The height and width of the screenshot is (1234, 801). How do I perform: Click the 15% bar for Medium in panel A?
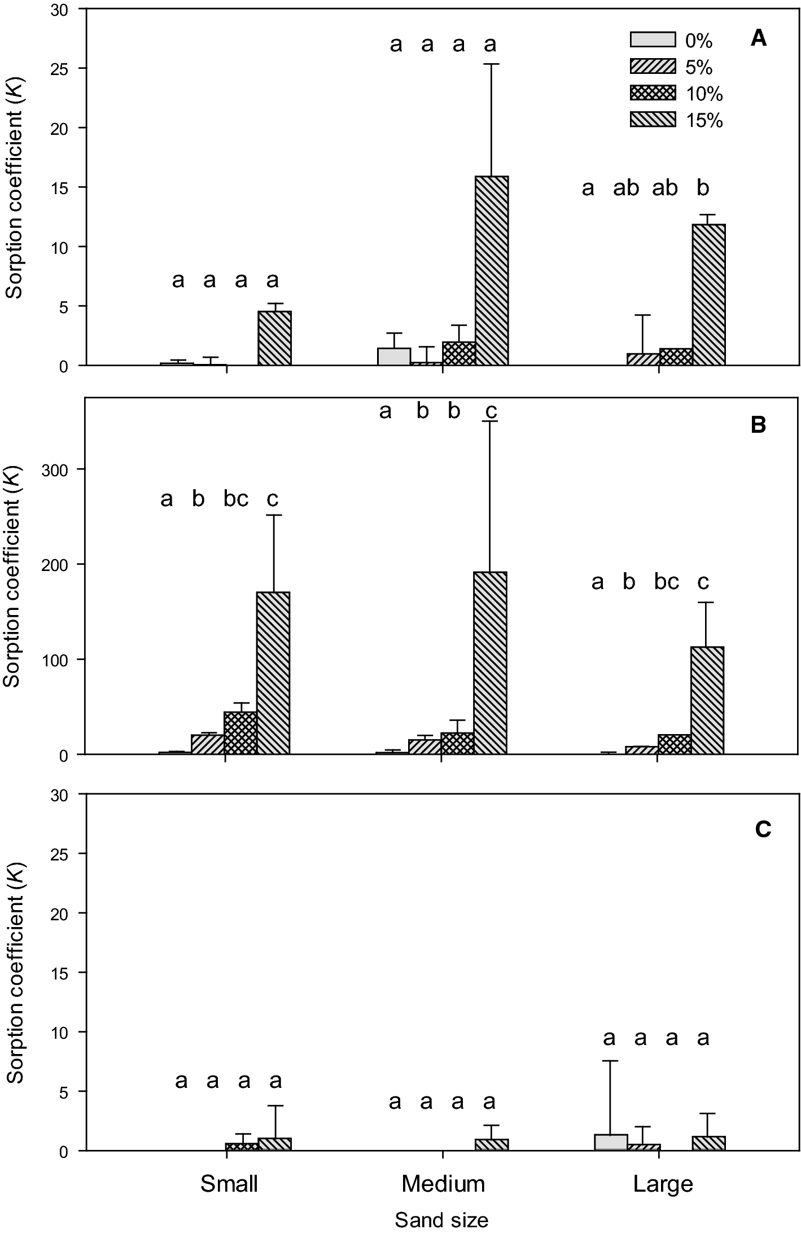tap(491, 271)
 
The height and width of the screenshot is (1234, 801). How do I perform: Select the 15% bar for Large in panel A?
tap(708, 295)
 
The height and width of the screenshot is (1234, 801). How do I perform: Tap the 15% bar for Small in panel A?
tap(274, 338)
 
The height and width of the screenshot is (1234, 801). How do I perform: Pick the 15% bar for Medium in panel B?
tap(490, 663)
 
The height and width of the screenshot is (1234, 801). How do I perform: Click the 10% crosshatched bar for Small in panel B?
tap(240, 733)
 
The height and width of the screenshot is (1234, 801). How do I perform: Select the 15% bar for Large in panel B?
tap(707, 700)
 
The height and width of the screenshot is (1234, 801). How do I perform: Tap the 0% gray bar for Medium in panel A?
tap(393, 357)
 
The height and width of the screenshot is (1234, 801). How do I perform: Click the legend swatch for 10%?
tap(653, 93)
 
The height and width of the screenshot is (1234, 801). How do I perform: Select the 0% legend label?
tap(699, 41)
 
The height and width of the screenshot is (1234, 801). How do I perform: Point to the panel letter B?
tap(758, 425)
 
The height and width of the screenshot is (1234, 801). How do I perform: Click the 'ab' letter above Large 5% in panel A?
tap(626, 188)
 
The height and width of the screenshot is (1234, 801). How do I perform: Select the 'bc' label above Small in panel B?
tap(236, 499)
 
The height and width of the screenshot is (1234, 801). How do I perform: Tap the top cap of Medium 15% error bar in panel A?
tap(491, 64)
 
